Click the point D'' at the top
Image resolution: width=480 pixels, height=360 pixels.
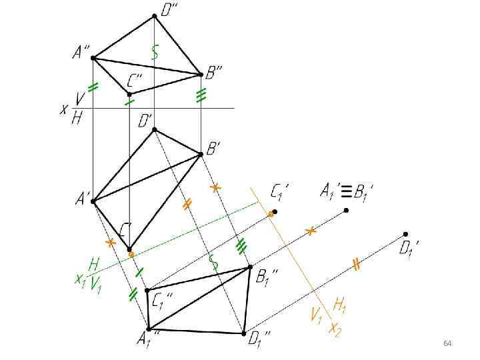click(x=154, y=16)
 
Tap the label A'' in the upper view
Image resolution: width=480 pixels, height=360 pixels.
click(x=82, y=51)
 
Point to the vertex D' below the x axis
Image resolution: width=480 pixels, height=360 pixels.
click(x=155, y=130)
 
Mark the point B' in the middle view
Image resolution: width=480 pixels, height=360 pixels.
click(x=201, y=155)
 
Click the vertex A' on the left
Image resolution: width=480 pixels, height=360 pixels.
click(x=93, y=201)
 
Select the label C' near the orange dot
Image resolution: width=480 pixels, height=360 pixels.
click(x=126, y=231)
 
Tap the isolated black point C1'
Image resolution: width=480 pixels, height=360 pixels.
click(x=275, y=212)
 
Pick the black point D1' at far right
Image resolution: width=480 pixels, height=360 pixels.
click(x=405, y=234)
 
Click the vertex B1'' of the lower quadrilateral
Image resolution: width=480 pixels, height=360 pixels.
click(x=250, y=267)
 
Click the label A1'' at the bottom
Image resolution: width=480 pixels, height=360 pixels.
click(x=147, y=339)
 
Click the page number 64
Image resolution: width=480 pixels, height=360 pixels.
click(x=447, y=343)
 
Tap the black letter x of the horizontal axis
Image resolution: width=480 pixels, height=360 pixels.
click(x=64, y=109)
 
